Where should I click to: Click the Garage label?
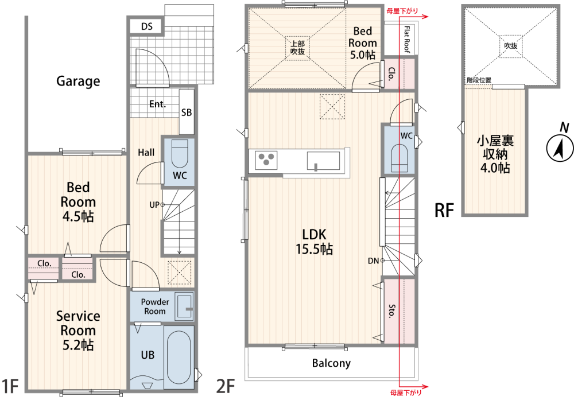(78, 81)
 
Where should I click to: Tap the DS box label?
(147, 26)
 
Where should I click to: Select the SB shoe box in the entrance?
(187, 111)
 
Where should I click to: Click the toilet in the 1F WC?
(179, 153)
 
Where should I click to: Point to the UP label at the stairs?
(154, 205)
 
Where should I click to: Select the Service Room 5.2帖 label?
(78, 330)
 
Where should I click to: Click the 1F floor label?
(10, 386)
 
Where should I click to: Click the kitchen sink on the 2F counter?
(324, 161)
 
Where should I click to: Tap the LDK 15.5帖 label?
(314, 242)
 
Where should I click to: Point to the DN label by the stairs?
(374, 261)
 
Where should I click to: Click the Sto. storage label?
(391, 311)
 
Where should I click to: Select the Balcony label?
(331, 363)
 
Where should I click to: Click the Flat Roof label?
(407, 39)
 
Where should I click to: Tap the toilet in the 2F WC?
(400, 158)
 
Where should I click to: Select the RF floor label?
(444, 211)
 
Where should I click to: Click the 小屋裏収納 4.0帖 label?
(495, 154)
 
